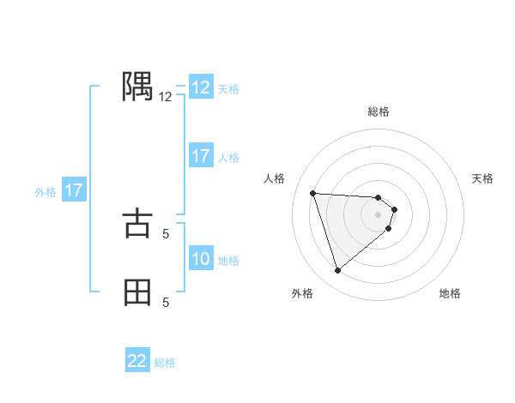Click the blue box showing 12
pos(201,87)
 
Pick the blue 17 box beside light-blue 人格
pos(201,156)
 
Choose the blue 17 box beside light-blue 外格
pos(74,190)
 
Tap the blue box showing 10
pos(201,259)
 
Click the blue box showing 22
pos(137,361)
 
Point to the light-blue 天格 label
pos(228,88)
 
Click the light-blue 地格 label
pos(228,260)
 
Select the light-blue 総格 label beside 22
pos(165,362)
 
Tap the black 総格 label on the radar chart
pos(379,111)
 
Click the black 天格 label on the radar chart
pos(483,178)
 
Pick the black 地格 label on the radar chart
pos(450,293)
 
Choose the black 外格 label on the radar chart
pos(302,293)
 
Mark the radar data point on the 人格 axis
pos(313,193)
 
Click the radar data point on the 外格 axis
pos(337,271)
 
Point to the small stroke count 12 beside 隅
pos(166,97)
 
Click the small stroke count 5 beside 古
pos(166,233)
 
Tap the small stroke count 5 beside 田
pos(166,302)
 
